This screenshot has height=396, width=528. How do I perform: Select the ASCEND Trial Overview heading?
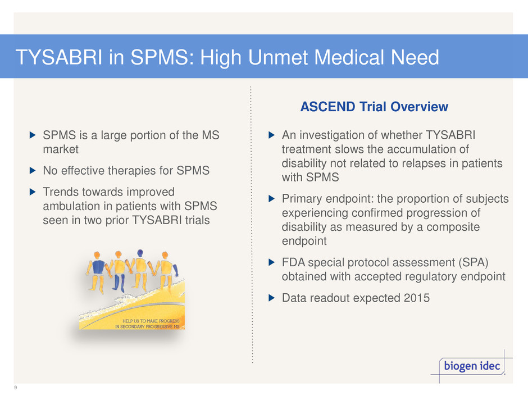click(x=374, y=107)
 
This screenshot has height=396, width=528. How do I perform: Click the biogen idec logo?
click(x=472, y=366)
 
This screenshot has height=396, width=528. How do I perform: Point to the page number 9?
click(x=16, y=388)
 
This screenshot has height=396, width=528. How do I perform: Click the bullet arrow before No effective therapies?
click(x=33, y=171)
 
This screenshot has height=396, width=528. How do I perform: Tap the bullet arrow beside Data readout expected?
click(x=271, y=298)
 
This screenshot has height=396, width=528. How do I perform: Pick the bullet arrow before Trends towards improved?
click(x=33, y=192)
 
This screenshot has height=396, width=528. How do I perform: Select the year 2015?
click(x=417, y=298)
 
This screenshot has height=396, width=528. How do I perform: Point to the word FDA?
click(x=293, y=262)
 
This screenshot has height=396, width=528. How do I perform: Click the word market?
click(x=61, y=149)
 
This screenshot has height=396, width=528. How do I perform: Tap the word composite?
click(x=453, y=227)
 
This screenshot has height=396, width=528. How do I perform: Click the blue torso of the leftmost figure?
click(x=98, y=267)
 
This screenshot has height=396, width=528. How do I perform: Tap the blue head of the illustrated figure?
click(x=140, y=253)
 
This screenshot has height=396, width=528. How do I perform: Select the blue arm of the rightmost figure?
click(x=175, y=270)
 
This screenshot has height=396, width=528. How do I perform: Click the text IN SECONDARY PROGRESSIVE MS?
click(x=147, y=326)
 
